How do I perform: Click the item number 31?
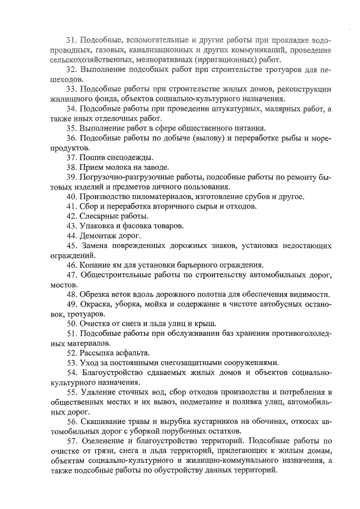[x=71, y=40]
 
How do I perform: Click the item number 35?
[x=71, y=128]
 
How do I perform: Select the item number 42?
[x=71, y=216]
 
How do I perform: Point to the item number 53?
[x=71, y=363]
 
